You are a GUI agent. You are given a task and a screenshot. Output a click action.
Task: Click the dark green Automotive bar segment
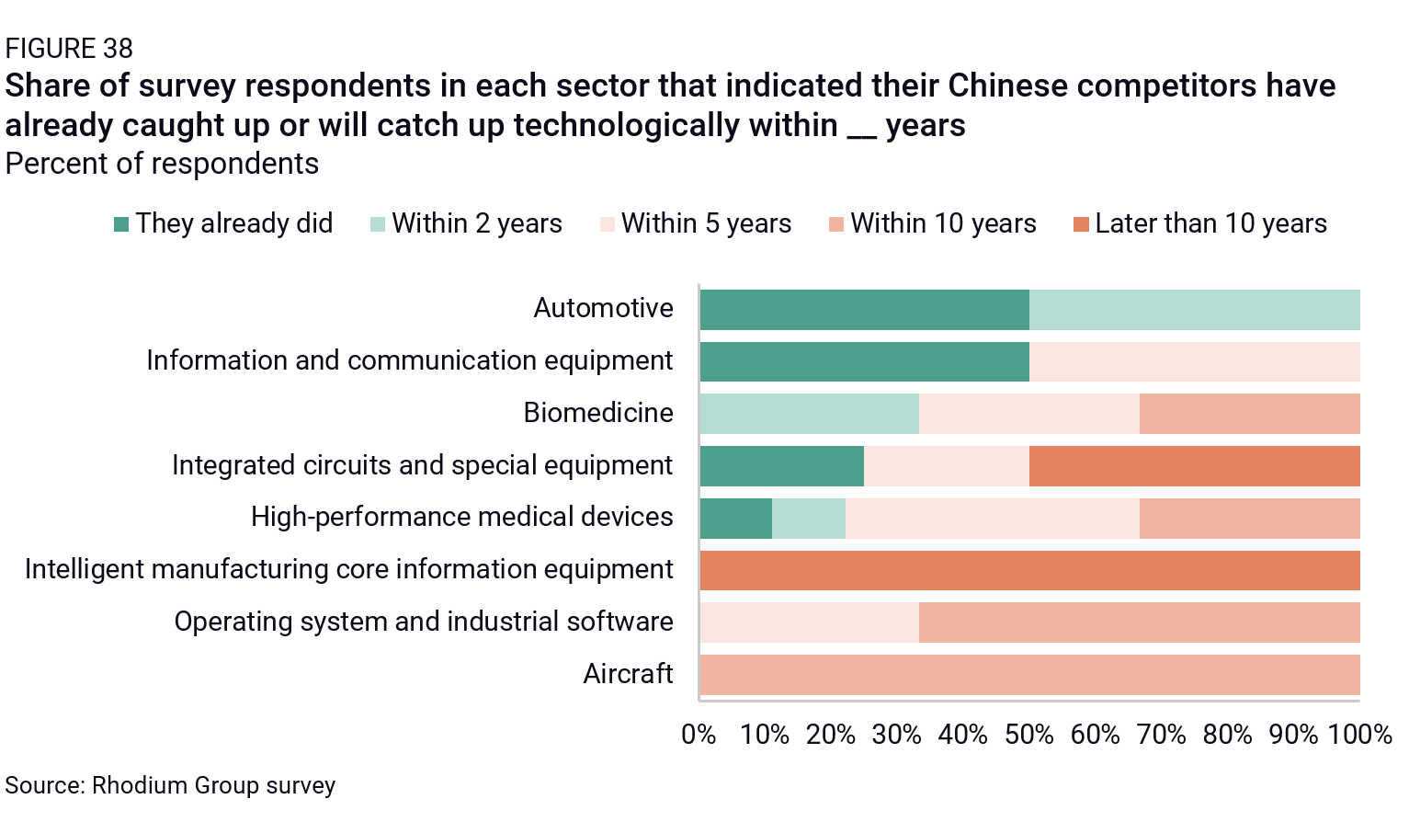click(x=864, y=310)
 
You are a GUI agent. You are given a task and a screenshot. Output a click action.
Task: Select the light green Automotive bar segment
click(x=1194, y=310)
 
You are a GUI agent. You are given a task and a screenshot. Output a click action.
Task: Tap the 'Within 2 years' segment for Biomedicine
click(x=809, y=414)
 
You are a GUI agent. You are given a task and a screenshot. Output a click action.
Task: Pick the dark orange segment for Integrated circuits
click(x=1194, y=466)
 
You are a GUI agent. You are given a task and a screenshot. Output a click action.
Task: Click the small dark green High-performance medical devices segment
click(x=735, y=519)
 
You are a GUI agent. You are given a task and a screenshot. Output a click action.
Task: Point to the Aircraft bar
click(x=1029, y=675)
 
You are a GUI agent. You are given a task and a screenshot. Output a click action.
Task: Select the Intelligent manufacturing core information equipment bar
click(x=1029, y=570)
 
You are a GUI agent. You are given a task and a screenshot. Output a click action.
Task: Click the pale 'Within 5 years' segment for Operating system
click(x=809, y=622)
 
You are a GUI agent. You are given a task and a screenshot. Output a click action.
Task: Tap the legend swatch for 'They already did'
click(x=121, y=224)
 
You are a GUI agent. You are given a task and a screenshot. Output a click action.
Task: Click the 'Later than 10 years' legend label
click(x=1210, y=223)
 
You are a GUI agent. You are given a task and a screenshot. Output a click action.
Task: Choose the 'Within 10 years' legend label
click(x=943, y=223)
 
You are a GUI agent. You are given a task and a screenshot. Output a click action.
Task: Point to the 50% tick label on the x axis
click(x=1029, y=735)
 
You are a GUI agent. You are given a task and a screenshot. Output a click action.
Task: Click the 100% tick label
click(x=1359, y=735)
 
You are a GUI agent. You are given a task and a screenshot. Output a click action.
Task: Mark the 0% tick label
click(x=699, y=735)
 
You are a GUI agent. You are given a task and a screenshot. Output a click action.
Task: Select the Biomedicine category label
click(x=598, y=413)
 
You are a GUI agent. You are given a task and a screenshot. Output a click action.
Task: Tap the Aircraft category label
click(x=628, y=674)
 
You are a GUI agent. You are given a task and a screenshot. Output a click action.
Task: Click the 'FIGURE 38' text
click(x=69, y=48)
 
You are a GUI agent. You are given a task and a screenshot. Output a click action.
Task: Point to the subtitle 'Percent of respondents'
click(x=162, y=164)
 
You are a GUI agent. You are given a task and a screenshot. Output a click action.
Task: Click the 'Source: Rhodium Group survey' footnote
click(x=170, y=786)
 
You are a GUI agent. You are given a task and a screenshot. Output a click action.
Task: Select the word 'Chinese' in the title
click(x=1007, y=86)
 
